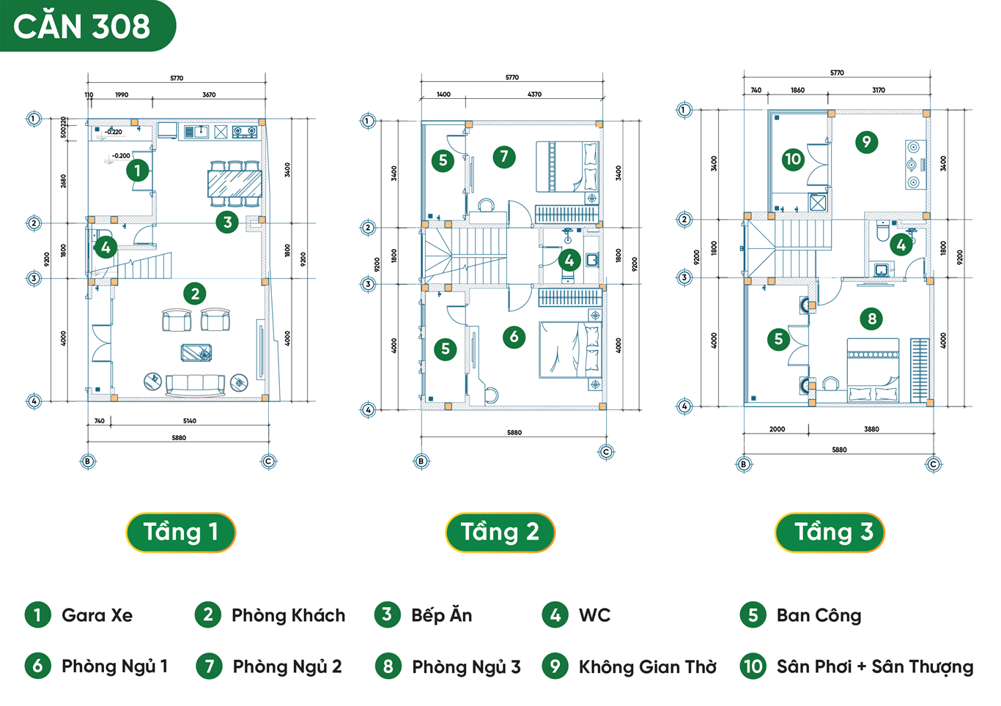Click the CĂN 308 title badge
pos(87,26)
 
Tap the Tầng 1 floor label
pos(180,532)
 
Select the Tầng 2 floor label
pos(500,532)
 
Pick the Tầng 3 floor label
pos(830,532)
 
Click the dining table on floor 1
pos(234,184)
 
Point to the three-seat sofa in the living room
pos(195,386)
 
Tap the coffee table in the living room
pos(196,353)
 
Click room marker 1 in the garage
pos(137,171)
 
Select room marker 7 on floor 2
pos(504,157)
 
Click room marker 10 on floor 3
pos(793,160)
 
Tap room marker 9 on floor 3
pos(866,142)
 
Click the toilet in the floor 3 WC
pos(882,231)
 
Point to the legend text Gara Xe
pos(97,615)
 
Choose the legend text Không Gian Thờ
pos(648,666)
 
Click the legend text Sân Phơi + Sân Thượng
pos(875,666)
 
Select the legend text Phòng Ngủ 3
pos(466,667)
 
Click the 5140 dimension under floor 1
pos(190,420)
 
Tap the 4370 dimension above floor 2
pos(534,94)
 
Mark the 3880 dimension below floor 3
pos(871,429)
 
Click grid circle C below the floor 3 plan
pos(933,464)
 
